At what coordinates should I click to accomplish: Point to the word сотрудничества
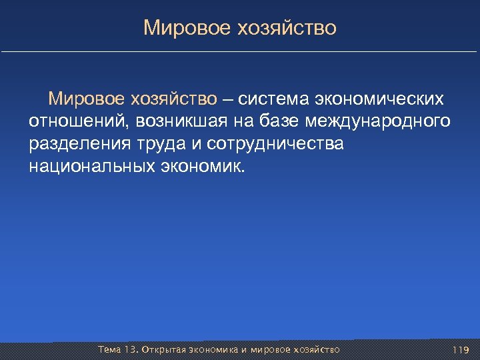[x=275, y=143]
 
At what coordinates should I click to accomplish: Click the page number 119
[x=460, y=349]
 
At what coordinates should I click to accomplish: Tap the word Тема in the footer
[x=109, y=349]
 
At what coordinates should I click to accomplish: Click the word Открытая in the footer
[x=163, y=349]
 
